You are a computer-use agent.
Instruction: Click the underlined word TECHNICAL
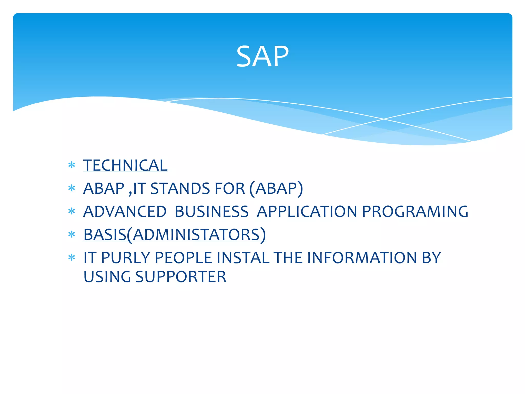pos(125,165)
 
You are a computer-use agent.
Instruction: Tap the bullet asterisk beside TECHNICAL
pos(72,165)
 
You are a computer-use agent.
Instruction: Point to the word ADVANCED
pos(125,212)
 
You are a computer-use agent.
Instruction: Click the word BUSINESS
pos(211,212)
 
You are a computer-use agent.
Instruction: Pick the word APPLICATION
pos(307,212)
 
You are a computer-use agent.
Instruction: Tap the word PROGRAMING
pos(415,212)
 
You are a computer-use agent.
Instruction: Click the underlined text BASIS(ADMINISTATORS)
pos(175,235)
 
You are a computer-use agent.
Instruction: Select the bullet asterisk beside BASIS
pos(72,234)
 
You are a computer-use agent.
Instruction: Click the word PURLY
pos(126,258)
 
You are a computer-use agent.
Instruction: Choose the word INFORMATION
pos(362,258)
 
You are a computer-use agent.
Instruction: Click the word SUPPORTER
pos(181,277)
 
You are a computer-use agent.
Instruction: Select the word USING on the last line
pos(107,277)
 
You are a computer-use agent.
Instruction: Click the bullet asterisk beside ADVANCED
pos(72,211)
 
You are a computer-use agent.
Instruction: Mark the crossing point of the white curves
pos(384,119)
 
